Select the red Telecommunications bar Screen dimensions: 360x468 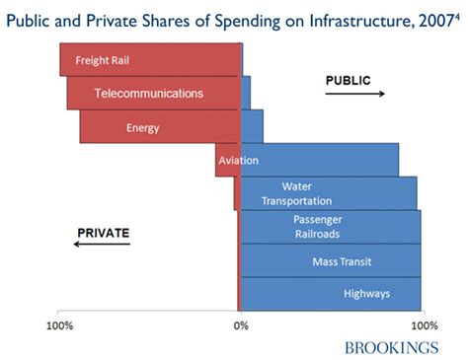coord(153,94)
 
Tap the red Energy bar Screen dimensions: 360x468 coord(160,127)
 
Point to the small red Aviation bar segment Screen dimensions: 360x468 coord(227,160)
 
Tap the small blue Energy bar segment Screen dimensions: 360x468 coord(252,127)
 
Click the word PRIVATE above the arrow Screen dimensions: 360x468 coord(104,233)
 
